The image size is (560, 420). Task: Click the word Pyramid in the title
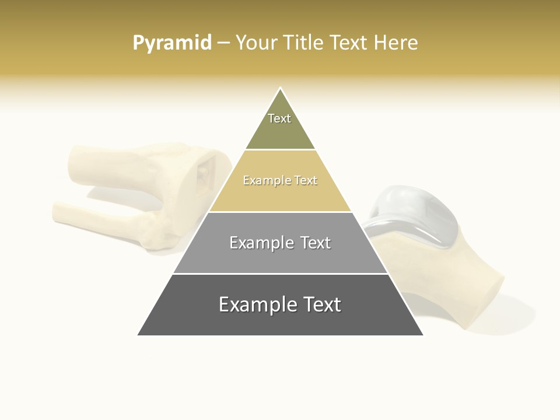click(x=172, y=43)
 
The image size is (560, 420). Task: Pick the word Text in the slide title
click(x=349, y=43)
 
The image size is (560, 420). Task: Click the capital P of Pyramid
click(x=138, y=43)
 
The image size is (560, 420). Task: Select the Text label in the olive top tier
click(x=279, y=118)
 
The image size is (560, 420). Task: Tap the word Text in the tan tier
click(x=306, y=181)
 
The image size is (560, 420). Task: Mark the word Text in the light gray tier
click(x=316, y=243)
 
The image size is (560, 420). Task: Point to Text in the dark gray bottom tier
click(x=323, y=304)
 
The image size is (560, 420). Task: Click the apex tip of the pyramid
click(x=280, y=89)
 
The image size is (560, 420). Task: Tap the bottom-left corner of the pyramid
click(x=138, y=335)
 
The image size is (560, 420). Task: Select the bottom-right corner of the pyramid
click(x=422, y=335)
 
